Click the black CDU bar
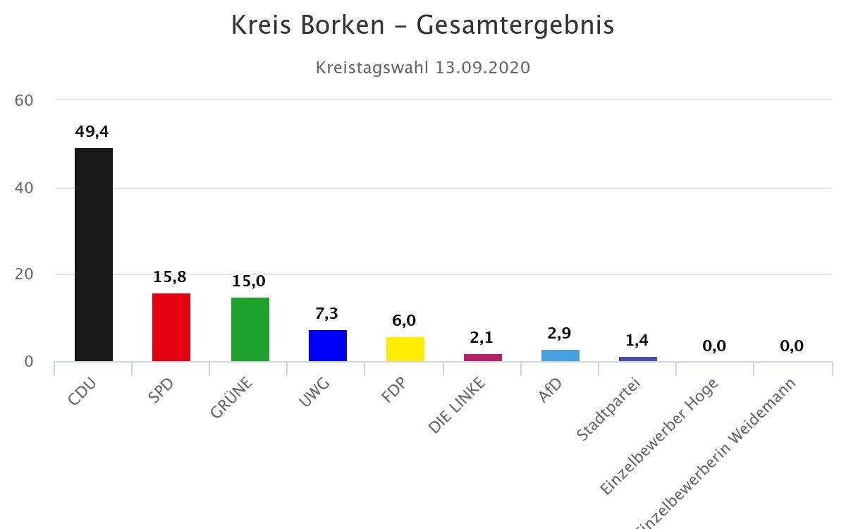(x=94, y=254)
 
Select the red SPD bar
(x=171, y=327)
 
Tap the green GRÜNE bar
(x=250, y=329)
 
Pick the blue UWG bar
(x=328, y=346)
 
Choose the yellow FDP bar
(x=405, y=349)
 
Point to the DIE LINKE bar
(x=483, y=358)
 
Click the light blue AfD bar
(x=560, y=355)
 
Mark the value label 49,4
(x=92, y=132)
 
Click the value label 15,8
(x=170, y=276)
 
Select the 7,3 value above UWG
(x=328, y=314)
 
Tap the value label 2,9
(x=560, y=334)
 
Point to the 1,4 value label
(x=637, y=341)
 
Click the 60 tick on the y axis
(x=24, y=101)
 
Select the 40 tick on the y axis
(x=24, y=188)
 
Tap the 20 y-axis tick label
(x=24, y=274)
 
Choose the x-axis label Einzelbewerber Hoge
(x=658, y=437)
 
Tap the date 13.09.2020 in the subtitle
(x=483, y=68)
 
